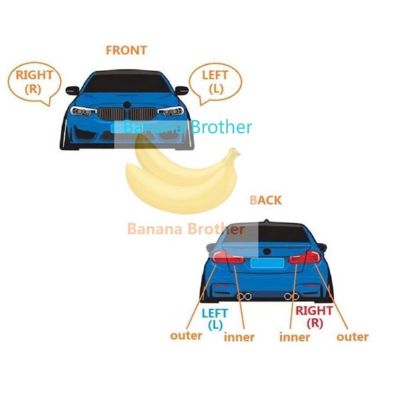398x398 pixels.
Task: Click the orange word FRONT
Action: (126, 50)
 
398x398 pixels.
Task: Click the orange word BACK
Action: (265, 201)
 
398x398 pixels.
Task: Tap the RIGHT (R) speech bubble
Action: (34, 82)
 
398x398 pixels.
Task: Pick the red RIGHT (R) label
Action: (314, 317)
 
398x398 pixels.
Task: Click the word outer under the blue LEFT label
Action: (186, 336)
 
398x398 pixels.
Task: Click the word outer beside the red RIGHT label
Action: (352, 337)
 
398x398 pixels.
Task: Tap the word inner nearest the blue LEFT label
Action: (239, 337)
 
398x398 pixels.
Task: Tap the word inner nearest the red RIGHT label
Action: (295, 337)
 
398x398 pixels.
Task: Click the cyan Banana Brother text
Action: (188, 128)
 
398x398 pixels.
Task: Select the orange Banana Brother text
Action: (186, 229)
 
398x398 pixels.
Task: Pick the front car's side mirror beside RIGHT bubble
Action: (72, 91)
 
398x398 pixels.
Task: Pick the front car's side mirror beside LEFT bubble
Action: (182, 91)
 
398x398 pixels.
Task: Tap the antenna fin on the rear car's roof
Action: (265, 220)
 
